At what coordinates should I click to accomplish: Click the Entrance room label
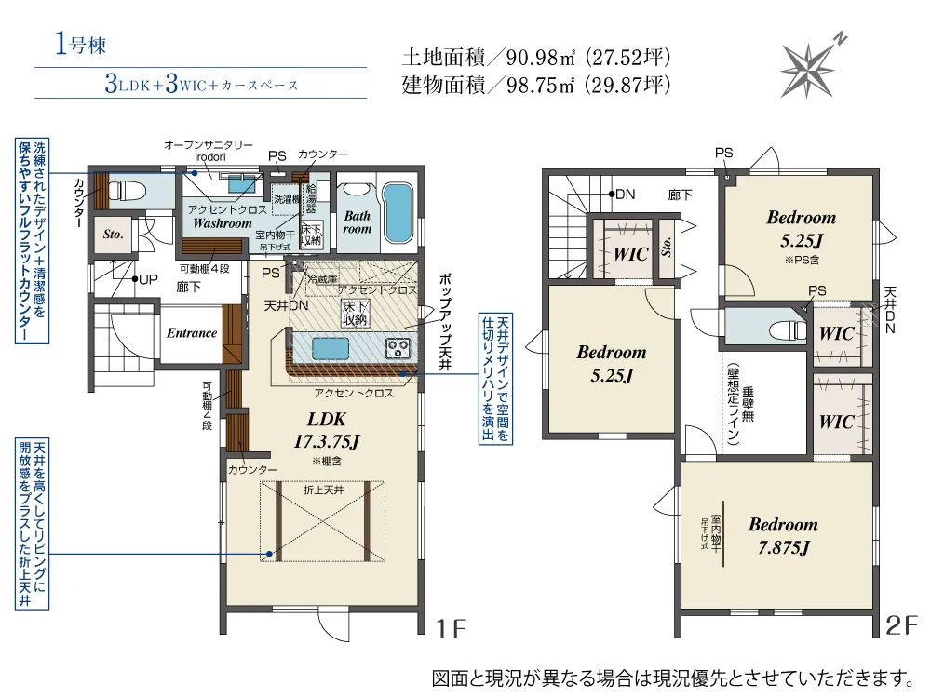[191, 333]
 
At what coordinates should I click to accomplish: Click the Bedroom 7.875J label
[783, 535]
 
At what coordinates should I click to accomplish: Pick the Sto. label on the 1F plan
[114, 235]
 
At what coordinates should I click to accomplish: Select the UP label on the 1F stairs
[145, 278]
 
